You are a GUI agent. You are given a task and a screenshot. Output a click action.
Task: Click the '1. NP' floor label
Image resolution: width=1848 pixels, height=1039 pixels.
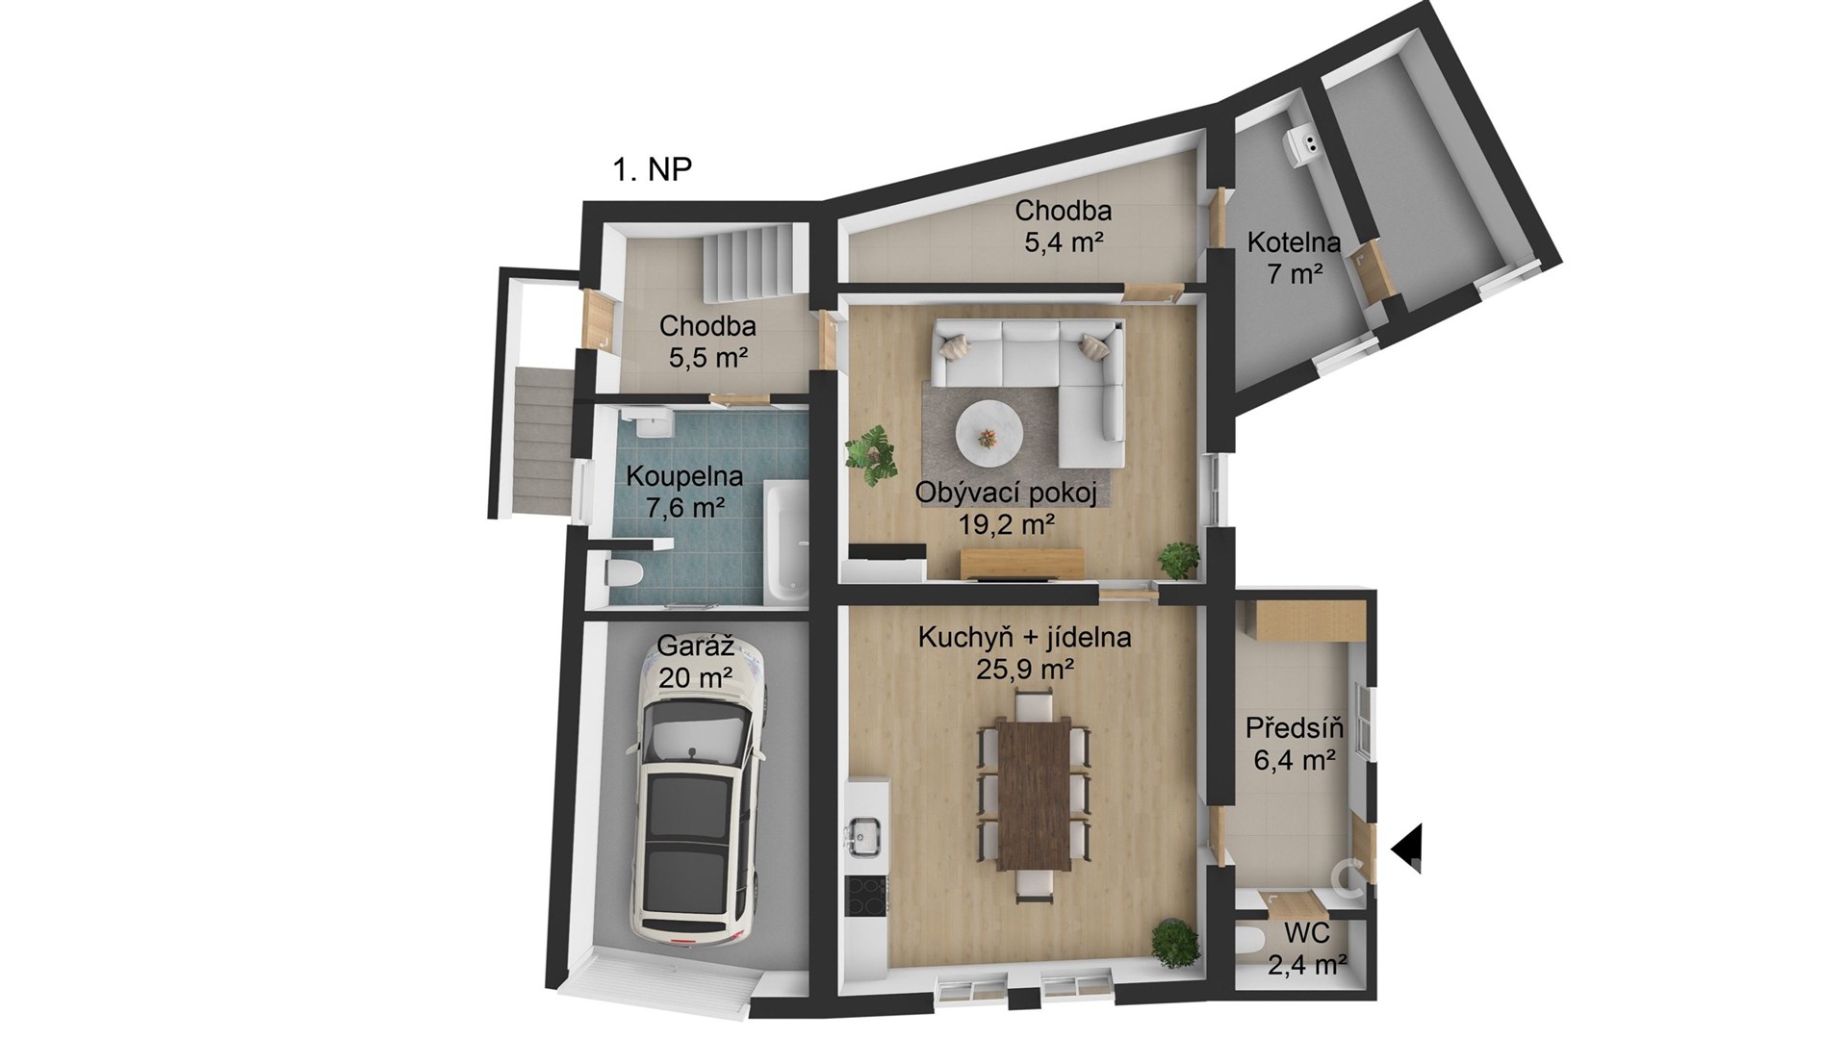coord(653,169)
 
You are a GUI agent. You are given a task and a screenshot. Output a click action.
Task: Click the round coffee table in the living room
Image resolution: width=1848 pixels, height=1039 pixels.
coord(989,437)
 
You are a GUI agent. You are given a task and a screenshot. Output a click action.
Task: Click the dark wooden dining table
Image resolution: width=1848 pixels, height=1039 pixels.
coord(1035,796)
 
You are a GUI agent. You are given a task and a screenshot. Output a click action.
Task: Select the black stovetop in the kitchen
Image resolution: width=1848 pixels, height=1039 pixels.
coord(866,897)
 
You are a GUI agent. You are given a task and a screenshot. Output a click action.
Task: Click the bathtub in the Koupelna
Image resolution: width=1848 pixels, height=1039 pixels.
coord(787,541)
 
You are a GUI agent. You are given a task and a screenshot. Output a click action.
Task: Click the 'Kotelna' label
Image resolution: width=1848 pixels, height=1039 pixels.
coord(1294,242)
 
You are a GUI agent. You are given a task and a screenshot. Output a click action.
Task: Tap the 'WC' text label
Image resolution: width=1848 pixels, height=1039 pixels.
coord(1307,932)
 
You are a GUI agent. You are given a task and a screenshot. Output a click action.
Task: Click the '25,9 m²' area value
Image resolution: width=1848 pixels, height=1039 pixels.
coord(1025,669)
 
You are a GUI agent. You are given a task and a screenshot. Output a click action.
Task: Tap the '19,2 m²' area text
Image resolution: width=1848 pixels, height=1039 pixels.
coord(1007,524)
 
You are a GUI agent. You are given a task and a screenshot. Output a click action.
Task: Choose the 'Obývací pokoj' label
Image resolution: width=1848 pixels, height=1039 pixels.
coord(1006,494)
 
